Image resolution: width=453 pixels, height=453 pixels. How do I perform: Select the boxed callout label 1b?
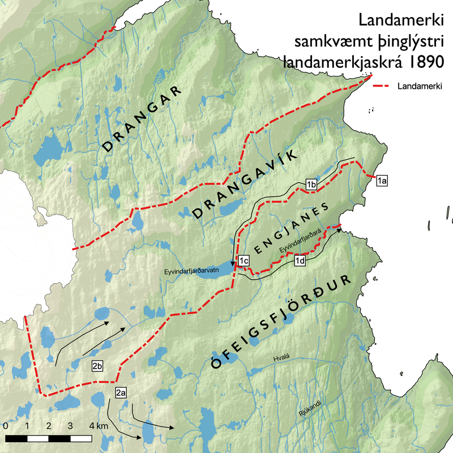pyautogui.click(x=310, y=184)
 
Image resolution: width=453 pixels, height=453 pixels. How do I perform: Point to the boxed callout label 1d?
pyautogui.click(x=300, y=261)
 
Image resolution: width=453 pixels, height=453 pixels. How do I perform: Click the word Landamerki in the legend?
pyautogui.click(x=420, y=86)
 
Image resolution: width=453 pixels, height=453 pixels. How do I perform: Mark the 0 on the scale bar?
pyautogui.click(x=5, y=426)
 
